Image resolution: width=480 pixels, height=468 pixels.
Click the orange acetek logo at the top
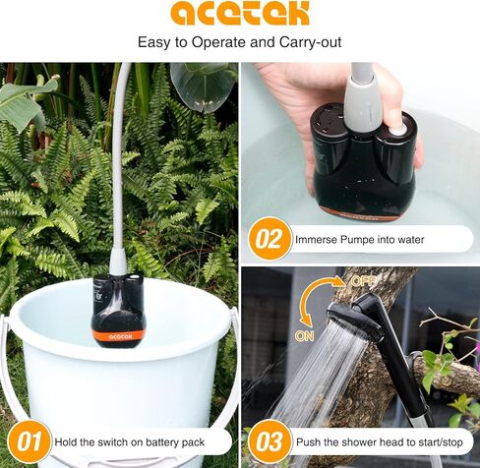click(x=239, y=14)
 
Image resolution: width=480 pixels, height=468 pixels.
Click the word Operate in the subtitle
click(x=222, y=43)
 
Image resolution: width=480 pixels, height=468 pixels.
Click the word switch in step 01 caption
click(x=119, y=440)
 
